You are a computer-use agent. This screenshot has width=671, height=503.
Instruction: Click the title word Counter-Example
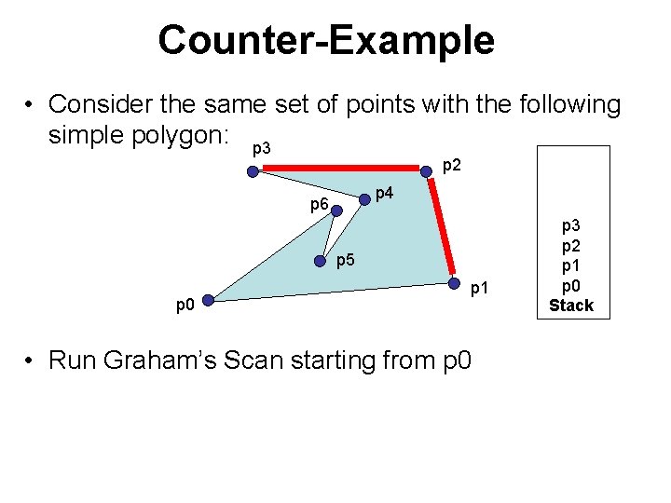coord(325,40)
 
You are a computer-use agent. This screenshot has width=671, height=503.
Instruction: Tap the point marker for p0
coord(209,301)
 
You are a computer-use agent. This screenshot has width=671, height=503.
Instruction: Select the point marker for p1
coord(455,284)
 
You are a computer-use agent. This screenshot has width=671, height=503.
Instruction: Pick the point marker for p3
coord(253,170)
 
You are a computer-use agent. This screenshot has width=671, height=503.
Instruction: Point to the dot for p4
coord(364,199)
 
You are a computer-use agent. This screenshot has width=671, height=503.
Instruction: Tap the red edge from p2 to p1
coord(443,228)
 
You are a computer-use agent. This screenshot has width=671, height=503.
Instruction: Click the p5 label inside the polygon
coord(345,260)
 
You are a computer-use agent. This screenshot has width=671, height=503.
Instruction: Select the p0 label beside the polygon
coord(185,305)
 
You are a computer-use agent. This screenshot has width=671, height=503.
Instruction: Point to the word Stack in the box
coord(570,306)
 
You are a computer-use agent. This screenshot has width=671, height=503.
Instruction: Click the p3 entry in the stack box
coord(570,226)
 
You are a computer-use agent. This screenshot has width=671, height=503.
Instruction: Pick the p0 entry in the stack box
coord(570,285)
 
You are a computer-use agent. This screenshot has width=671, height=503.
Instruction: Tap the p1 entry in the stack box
coord(570,265)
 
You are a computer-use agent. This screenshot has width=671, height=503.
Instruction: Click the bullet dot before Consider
coord(31,104)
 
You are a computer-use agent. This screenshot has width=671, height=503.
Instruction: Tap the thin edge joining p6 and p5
coord(329,237)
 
